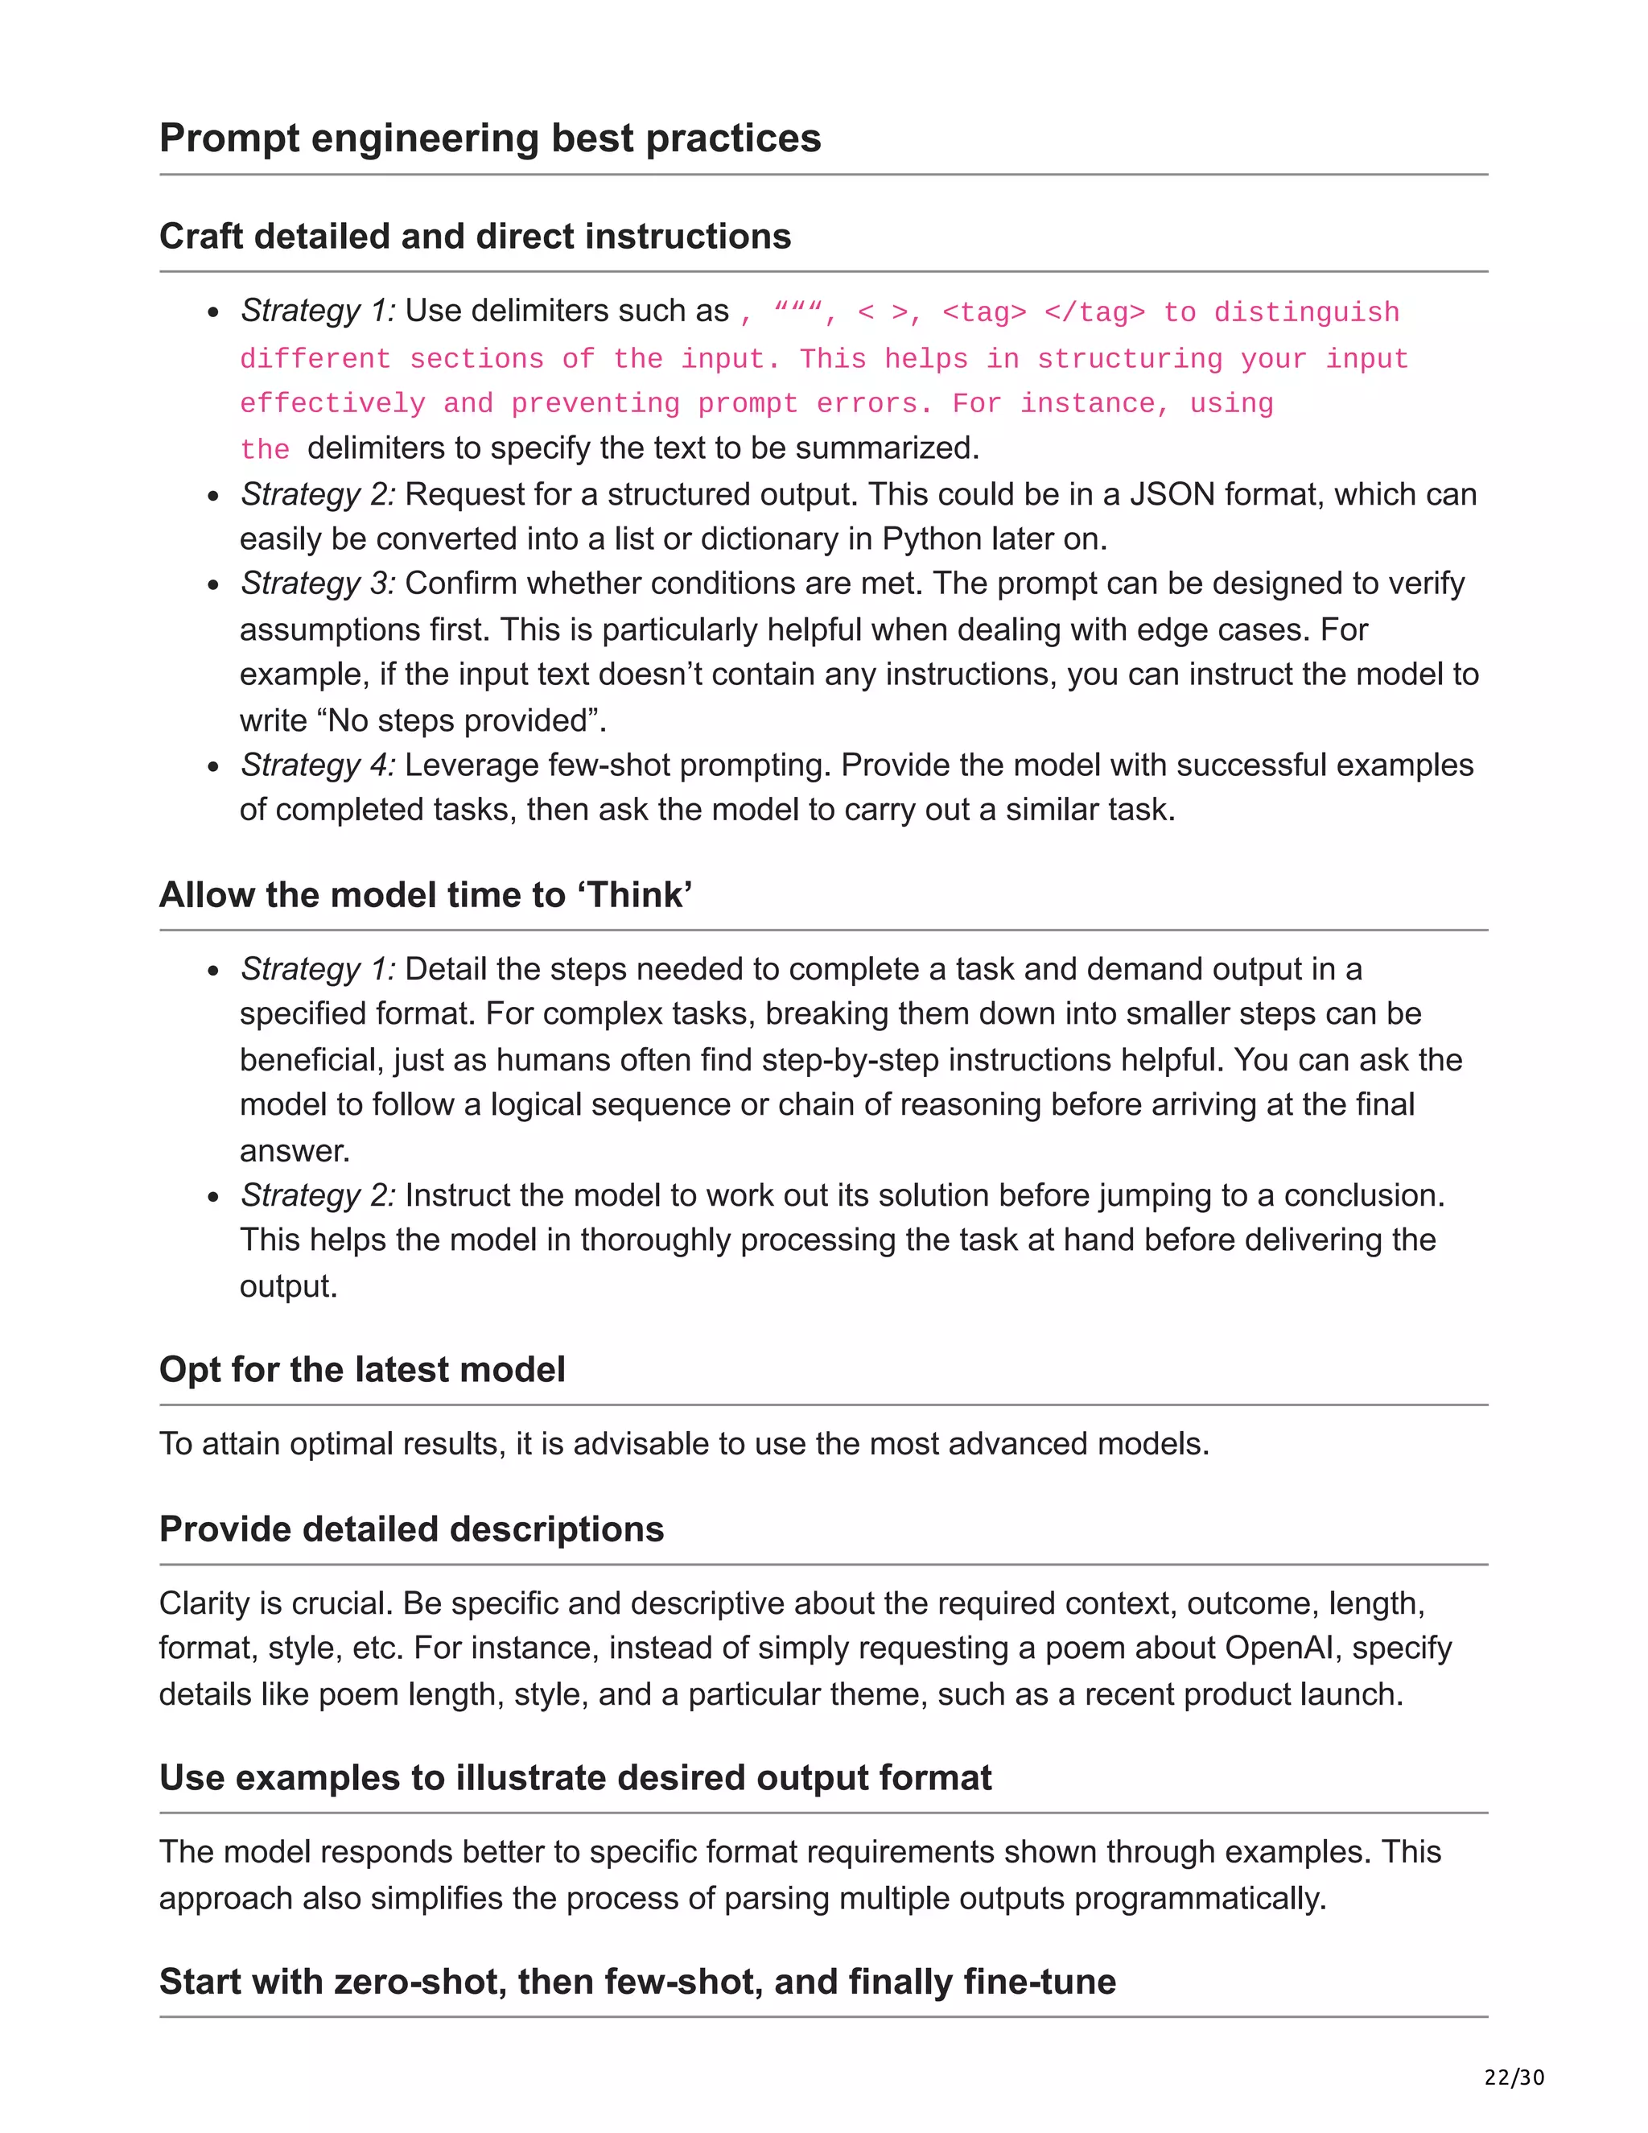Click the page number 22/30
[1514, 2077]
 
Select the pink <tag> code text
[984, 312]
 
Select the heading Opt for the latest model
[362, 1369]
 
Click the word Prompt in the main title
[230, 138]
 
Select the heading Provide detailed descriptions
[411, 1529]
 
